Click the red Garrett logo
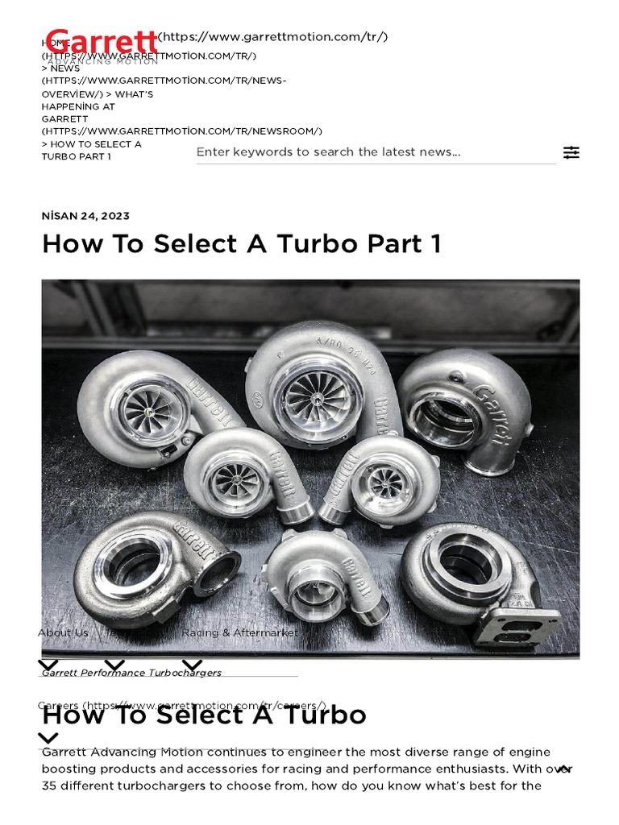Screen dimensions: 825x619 pos(102,40)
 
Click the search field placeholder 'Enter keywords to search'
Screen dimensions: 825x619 pos(328,151)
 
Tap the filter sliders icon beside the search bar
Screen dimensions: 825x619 pos(571,152)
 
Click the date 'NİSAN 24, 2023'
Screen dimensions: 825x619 pos(85,216)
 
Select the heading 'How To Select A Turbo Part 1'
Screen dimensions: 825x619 pos(241,243)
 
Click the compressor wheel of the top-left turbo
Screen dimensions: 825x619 pos(143,412)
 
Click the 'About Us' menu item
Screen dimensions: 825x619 pos(63,632)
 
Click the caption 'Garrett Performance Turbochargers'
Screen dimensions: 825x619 pos(131,672)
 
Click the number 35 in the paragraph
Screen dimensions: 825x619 pos(51,786)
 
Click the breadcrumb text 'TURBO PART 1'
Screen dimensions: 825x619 pos(76,156)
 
